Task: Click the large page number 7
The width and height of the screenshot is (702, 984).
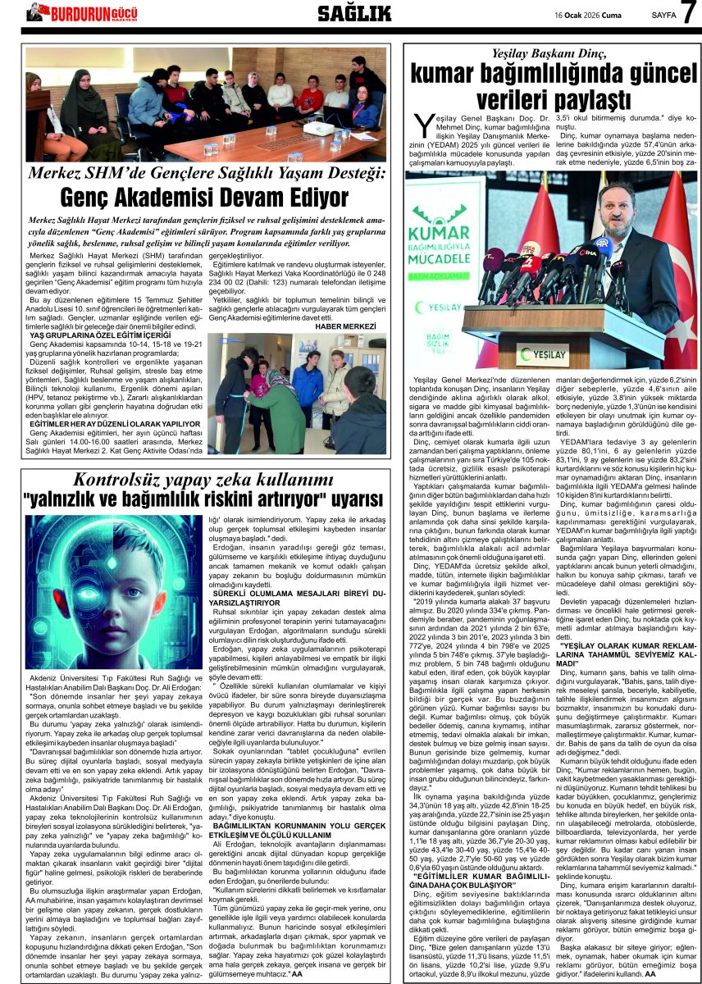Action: tap(687, 14)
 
